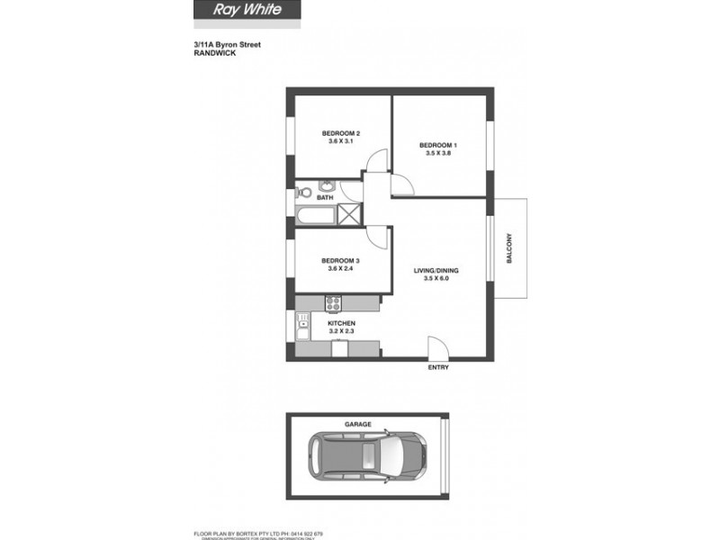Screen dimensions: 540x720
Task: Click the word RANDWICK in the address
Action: pos(214,53)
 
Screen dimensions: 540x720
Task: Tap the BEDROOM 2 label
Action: pos(341,134)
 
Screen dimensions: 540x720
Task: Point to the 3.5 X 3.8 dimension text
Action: pos(438,153)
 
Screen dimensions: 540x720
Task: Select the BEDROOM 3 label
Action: pos(341,261)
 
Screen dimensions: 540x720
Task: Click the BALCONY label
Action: pos(508,248)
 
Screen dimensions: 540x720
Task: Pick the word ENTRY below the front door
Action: pos(437,367)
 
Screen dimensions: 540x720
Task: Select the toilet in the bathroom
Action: pos(303,193)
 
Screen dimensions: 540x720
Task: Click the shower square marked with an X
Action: pos(346,214)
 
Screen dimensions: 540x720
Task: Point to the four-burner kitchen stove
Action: pos(332,303)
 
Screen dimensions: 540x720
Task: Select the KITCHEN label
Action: pos(341,323)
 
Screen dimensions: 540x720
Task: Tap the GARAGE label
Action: pos(358,423)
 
